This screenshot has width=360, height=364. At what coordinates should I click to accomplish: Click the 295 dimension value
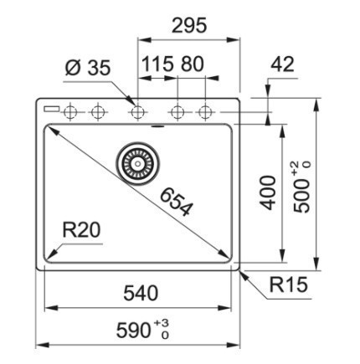pos(189,25)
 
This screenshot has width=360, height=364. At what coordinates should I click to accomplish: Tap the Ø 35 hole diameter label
pos(88,68)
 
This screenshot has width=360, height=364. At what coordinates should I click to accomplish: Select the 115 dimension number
pos(157,64)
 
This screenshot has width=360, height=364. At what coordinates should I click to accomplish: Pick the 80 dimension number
pos(193,64)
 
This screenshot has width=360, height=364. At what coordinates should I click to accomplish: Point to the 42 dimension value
pos(282,64)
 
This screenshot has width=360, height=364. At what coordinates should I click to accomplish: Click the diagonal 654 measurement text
pos(177,202)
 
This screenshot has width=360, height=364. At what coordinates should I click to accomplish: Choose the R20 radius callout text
pos(81,230)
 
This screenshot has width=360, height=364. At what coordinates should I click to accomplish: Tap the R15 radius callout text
pos(289,285)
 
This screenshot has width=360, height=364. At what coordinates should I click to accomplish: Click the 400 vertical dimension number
pos(268,192)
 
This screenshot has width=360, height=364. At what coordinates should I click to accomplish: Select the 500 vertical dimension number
pos(302,196)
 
